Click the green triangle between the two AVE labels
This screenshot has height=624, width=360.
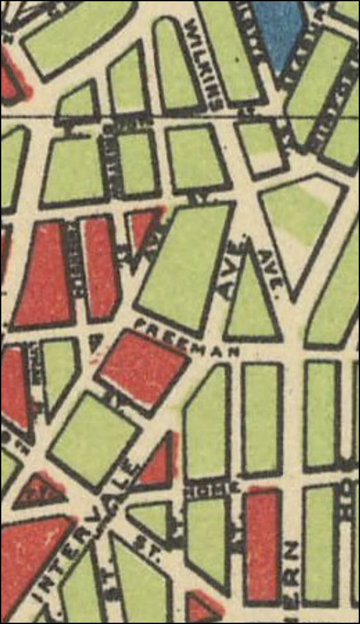(252, 302)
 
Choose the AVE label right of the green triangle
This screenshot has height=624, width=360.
(270, 268)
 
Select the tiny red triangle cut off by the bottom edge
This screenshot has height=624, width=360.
(202, 613)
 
